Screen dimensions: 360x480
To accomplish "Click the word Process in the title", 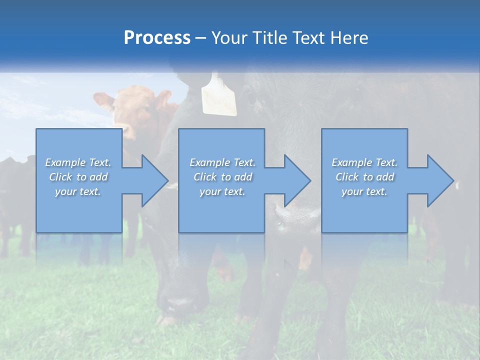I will pyautogui.click(x=157, y=38).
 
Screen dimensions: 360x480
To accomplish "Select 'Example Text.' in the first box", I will pyautogui.click(x=78, y=162).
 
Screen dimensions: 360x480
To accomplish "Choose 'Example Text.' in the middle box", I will pyautogui.click(x=222, y=162).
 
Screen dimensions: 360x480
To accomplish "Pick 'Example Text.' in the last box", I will pyautogui.click(x=364, y=162).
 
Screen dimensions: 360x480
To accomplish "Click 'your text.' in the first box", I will pyautogui.click(x=78, y=191).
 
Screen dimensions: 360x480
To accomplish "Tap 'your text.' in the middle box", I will pyautogui.click(x=222, y=191).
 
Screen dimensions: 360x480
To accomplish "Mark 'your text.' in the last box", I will pyautogui.click(x=364, y=191).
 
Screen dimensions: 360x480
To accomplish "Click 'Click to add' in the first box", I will pyautogui.click(x=78, y=177).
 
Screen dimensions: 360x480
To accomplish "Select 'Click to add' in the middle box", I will pyautogui.click(x=222, y=177).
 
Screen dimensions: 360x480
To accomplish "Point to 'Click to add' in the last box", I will pyautogui.click(x=364, y=177).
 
